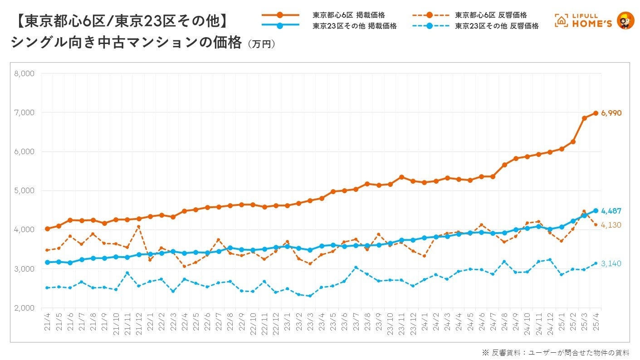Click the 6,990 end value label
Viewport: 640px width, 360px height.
coord(611,113)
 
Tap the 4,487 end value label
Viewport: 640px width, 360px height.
coord(611,211)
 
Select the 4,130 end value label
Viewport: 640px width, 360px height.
coord(611,225)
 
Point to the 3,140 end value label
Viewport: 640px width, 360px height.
coord(611,263)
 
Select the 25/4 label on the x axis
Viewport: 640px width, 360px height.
coord(596,323)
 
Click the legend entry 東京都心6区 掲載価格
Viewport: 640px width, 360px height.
coord(348,15)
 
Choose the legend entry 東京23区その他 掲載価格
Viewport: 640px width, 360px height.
coord(354,26)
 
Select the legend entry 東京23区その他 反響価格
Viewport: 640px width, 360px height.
coord(497,26)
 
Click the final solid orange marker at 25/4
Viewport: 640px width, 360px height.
coord(596,113)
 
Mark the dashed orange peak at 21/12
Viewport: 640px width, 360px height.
coord(139,226)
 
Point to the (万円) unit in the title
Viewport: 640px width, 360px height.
coord(261,44)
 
